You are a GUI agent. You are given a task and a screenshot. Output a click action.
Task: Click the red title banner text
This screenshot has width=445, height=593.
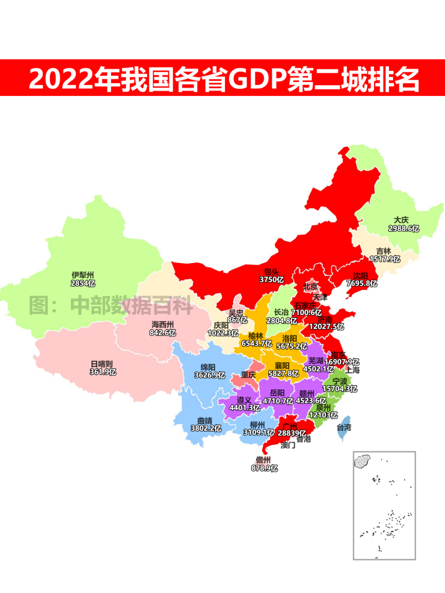[224, 79]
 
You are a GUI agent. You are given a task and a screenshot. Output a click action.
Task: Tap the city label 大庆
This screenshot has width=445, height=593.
[401, 220]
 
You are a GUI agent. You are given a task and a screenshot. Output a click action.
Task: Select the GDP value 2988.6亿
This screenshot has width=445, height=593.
[403, 228]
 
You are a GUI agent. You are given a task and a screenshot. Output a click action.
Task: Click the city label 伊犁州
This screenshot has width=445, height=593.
[83, 275]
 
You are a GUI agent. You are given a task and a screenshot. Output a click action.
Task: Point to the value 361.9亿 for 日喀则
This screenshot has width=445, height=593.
[103, 372]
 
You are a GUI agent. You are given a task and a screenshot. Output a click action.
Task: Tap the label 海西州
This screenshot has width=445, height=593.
[162, 325]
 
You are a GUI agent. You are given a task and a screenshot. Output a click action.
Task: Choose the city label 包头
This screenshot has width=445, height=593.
[271, 272]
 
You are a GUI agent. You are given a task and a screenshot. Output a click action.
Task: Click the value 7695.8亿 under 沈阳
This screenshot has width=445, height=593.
[362, 284]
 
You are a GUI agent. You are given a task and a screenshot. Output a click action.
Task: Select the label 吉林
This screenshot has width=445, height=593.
[383, 251]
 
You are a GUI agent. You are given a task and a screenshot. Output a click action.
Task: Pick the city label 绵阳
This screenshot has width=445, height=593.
[208, 367]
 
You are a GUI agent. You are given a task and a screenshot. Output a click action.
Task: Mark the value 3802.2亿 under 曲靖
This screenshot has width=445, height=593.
[206, 429]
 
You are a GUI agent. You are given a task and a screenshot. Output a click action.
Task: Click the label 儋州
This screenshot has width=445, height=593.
[263, 460]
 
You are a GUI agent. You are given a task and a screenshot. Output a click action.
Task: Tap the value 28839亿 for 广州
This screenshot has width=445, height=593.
[292, 433]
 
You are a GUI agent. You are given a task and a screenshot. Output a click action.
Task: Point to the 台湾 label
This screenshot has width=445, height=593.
[344, 427]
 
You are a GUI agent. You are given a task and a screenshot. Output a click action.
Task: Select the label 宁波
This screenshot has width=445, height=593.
[339, 381]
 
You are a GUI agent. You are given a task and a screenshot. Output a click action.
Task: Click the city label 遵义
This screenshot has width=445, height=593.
[244, 400]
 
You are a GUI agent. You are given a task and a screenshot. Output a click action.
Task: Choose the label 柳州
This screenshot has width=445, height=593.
[257, 425]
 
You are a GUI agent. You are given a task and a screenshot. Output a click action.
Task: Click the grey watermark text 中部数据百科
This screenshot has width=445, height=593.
[131, 305]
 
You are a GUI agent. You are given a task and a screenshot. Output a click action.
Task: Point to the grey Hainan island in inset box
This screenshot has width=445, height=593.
[362, 461]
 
